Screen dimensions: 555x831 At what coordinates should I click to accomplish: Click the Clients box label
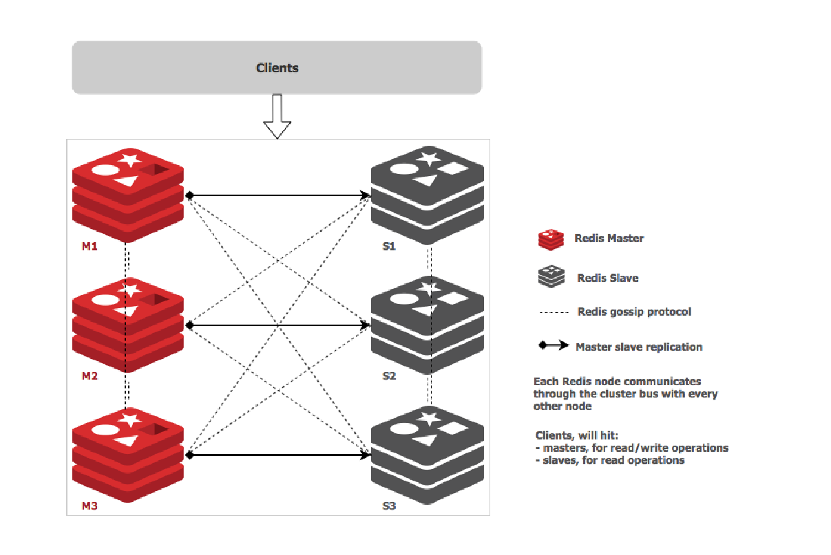click(x=277, y=67)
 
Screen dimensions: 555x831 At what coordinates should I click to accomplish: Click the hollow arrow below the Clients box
click(x=277, y=118)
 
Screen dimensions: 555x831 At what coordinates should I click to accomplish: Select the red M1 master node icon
click(x=128, y=194)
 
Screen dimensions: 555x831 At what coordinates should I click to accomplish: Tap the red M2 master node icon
click(x=128, y=324)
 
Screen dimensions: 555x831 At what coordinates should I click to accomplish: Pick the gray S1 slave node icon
click(x=428, y=194)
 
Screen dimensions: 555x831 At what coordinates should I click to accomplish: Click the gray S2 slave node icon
click(x=428, y=324)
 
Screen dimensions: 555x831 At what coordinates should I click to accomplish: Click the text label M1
click(x=90, y=246)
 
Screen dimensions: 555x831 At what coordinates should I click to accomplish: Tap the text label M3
click(x=90, y=506)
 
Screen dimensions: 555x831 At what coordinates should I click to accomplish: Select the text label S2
click(x=390, y=376)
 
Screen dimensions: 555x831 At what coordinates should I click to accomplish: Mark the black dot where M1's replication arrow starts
click(x=188, y=195)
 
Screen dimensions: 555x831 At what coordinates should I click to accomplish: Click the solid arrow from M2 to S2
click(x=275, y=325)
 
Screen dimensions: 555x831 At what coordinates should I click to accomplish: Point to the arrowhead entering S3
click(x=366, y=455)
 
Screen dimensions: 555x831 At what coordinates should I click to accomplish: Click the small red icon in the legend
click(x=550, y=239)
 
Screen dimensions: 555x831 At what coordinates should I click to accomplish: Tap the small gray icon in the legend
click(x=550, y=277)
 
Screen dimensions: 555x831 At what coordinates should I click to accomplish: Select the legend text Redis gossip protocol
click(x=634, y=312)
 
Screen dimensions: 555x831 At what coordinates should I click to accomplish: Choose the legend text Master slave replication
click(x=639, y=347)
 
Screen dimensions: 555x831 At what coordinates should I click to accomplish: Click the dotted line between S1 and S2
click(x=429, y=261)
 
